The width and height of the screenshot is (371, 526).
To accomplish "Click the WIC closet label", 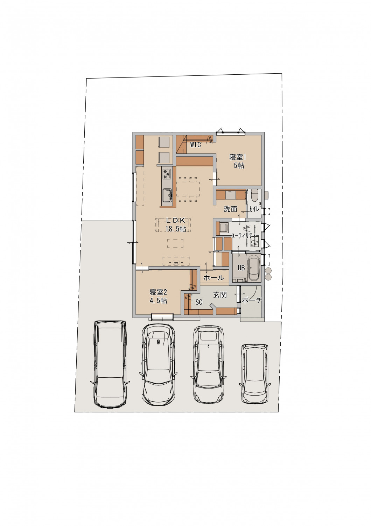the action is [195, 145].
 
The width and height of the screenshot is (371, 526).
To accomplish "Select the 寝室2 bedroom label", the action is [158, 292].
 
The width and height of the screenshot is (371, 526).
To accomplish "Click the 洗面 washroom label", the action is [230, 209].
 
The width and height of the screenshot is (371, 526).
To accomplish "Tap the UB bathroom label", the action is [241, 268].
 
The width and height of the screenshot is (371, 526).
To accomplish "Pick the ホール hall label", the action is [214, 278].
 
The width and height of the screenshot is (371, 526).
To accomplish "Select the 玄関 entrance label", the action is [220, 295].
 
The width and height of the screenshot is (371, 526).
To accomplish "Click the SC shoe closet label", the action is [199, 302].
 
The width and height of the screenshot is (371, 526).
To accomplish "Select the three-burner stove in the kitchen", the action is [167, 174].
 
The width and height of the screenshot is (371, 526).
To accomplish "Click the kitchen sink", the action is [167, 195].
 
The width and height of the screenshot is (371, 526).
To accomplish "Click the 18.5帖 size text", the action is [176, 229].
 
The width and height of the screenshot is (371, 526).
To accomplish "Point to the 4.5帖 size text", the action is [158, 301].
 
